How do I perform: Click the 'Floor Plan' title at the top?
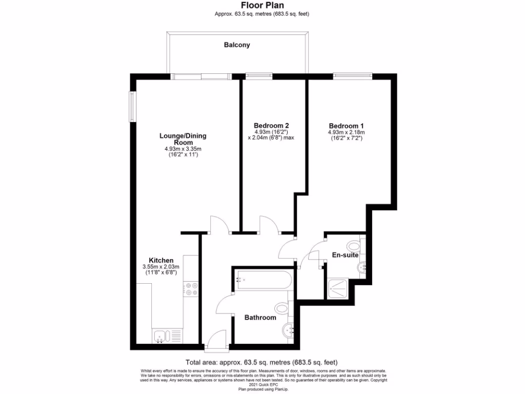click(x=262, y=6)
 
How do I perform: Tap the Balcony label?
click(x=237, y=45)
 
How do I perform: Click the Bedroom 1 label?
click(x=346, y=126)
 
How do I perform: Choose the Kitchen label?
click(x=161, y=260)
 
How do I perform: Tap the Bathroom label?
click(x=260, y=318)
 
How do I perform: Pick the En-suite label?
click(x=345, y=255)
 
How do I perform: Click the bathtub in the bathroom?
click(x=263, y=281)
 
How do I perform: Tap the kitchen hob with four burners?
click(x=191, y=289)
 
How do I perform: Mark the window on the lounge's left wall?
click(x=132, y=107)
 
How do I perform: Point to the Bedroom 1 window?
click(x=353, y=76)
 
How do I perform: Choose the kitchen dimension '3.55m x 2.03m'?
click(x=161, y=267)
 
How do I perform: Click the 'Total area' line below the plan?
click(x=262, y=362)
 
